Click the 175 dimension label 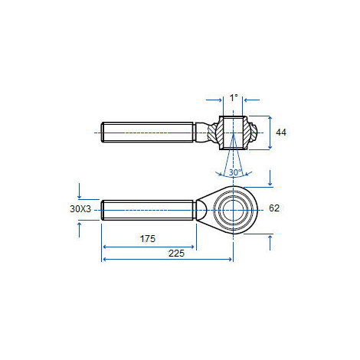pyautogui.click(x=148, y=239)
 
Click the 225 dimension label pyautogui.click(x=176, y=254)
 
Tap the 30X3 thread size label pyautogui.click(x=80, y=209)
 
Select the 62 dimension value pyautogui.click(x=274, y=208)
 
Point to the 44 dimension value pyautogui.click(x=281, y=133)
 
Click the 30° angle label pyautogui.click(x=235, y=172)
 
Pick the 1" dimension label pyautogui.click(x=234, y=97)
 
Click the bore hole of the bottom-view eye pyautogui.click(x=233, y=210)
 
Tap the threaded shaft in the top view pyautogui.click(x=147, y=132)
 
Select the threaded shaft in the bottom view pyautogui.click(x=147, y=210)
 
